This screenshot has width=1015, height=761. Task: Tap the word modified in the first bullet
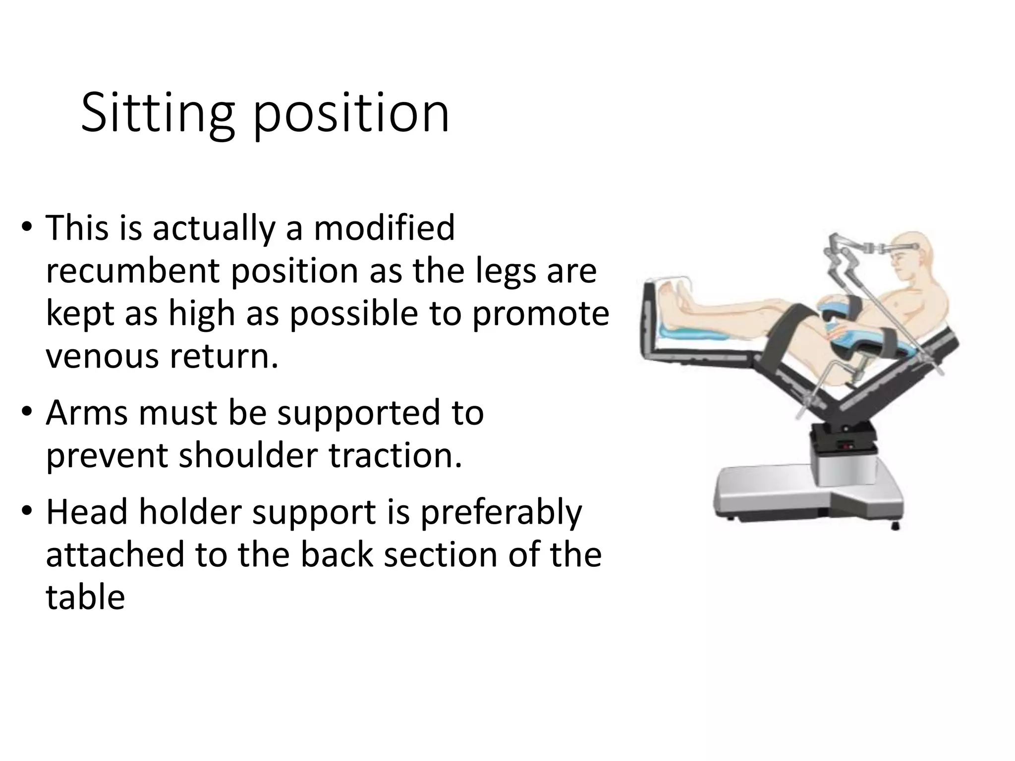click(384, 228)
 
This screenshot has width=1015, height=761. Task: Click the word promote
click(540, 314)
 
